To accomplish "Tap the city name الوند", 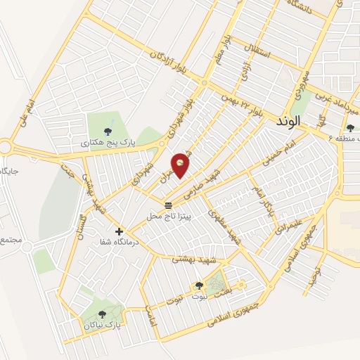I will (x=289, y=121).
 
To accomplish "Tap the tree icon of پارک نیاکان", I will (x=103, y=314).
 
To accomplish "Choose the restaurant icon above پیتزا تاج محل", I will (x=168, y=205).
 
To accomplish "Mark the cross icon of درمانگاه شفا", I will (x=119, y=231).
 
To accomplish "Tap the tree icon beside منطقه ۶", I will (x=351, y=127).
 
